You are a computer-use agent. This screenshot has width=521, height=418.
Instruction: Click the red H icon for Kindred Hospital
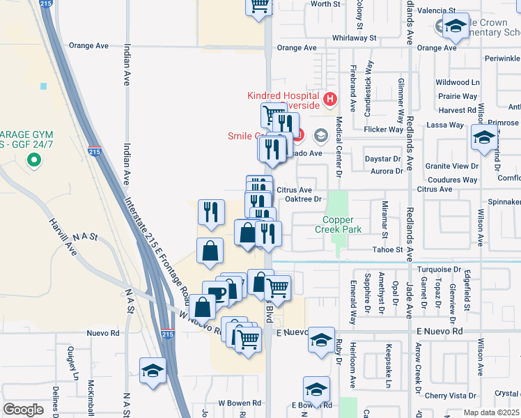330,98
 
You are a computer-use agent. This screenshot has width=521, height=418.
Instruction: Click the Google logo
23,409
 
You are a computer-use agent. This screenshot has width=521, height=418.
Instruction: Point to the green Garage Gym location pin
33,162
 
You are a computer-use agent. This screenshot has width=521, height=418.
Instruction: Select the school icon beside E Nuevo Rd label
320,341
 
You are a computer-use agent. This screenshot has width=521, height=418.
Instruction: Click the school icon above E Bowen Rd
316,390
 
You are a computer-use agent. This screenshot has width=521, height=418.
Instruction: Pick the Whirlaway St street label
354,38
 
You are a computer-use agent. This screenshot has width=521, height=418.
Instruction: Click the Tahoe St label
389,249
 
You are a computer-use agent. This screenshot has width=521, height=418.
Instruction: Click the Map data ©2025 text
491,412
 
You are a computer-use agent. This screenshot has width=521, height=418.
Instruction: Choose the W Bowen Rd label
240,403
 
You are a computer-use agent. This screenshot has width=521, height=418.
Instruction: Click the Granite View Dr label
452,167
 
